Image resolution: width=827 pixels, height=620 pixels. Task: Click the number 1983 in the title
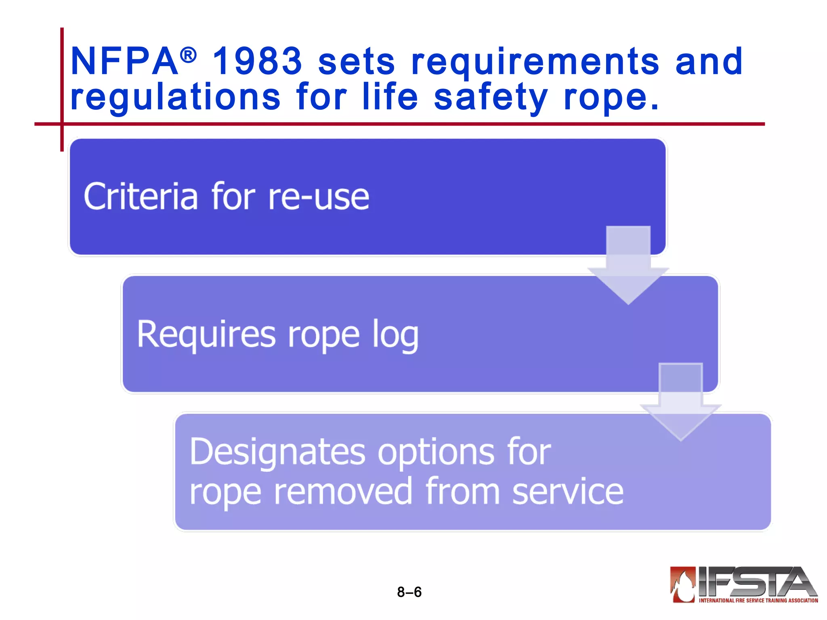tap(257, 61)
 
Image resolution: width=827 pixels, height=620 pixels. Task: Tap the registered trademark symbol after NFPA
tap(188, 55)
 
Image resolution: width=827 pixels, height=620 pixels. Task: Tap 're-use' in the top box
tap(319, 197)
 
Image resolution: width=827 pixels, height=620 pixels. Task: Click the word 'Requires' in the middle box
tap(206, 334)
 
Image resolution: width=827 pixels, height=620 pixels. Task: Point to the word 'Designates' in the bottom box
tap(277, 452)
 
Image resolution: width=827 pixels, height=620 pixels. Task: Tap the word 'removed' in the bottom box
tap(343, 492)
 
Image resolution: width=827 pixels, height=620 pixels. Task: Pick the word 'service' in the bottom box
tap(568, 492)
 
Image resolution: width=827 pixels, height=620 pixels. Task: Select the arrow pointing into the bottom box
tap(681, 404)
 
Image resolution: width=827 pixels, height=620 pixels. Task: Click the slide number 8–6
tap(409, 592)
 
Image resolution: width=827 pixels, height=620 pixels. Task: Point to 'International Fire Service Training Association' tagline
tap(758, 600)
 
